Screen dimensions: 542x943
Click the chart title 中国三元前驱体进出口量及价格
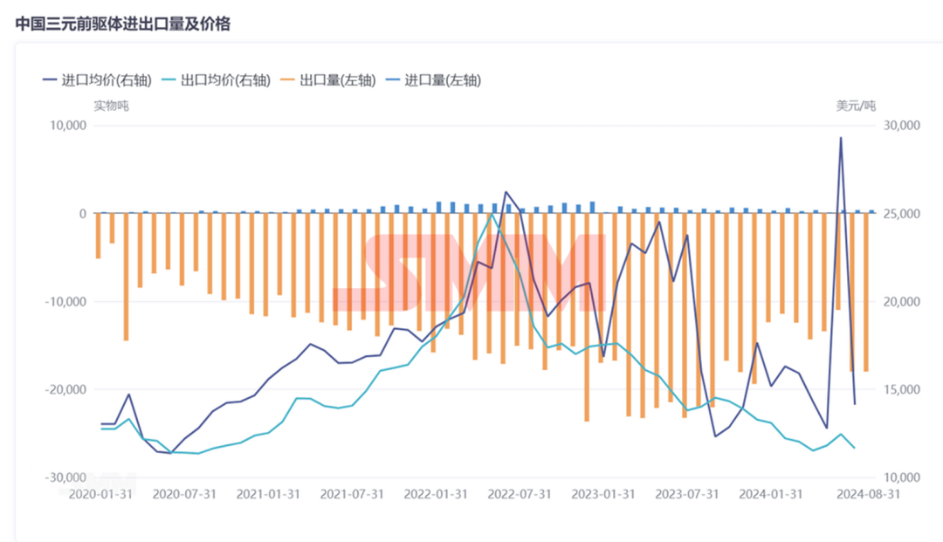click(x=123, y=24)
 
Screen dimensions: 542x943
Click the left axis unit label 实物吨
click(x=111, y=106)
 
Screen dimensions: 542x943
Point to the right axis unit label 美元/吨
click(x=856, y=106)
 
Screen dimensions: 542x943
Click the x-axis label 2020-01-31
click(x=101, y=494)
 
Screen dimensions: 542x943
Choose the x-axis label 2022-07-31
click(x=520, y=494)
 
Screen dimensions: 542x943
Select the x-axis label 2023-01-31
click(x=604, y=494)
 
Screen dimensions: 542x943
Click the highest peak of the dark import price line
click(x=841, y=138)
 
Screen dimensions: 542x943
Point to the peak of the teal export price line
click(x=492, y=214)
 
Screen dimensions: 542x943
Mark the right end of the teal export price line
click(x=855, y=448)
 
